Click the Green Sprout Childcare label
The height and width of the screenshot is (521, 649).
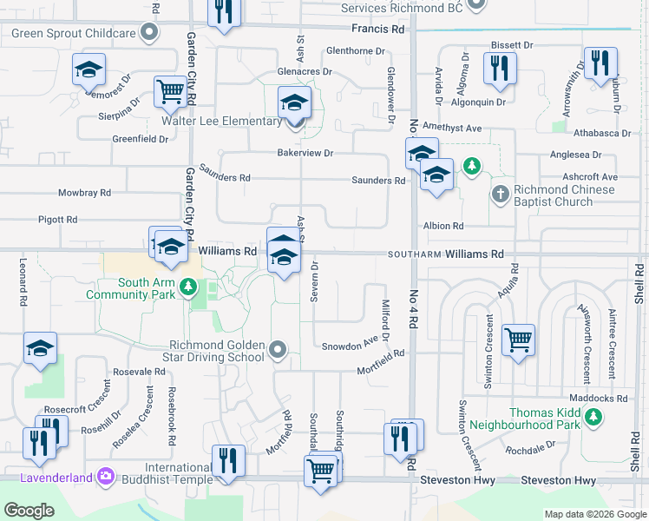point(74,33)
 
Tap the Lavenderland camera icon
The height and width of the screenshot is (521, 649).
point(106,475)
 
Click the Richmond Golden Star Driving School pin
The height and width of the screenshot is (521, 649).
point(278,349)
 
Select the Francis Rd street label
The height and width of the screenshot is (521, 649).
point(385,29)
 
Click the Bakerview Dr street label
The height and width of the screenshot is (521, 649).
point(305,153)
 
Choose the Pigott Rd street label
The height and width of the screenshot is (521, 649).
point(58,220)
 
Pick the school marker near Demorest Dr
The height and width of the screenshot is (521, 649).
point(88,69)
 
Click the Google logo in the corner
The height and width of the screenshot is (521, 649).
point(29,511)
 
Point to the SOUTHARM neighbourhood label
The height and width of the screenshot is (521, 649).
point(415,254)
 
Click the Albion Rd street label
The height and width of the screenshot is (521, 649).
point(442,226)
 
